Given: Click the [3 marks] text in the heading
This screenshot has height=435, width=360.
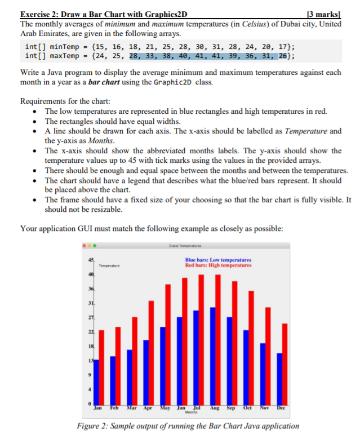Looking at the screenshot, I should point(332,15).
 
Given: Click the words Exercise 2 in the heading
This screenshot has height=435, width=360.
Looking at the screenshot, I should point(41,15).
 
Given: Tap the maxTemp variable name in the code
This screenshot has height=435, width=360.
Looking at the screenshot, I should point(63,56).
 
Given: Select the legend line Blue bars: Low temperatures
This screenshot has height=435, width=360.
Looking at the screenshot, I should point(218,260).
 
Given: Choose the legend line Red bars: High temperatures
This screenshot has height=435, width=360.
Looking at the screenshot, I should point(218,265).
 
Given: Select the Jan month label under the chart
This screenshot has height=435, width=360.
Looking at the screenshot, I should point(98,407).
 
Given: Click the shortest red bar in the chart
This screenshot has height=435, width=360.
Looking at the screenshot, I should point(101,366).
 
